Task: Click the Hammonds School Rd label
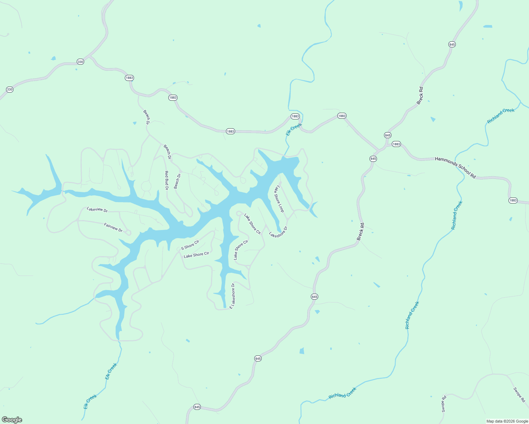(x=455, y=167)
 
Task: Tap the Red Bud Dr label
(x=167, y=180)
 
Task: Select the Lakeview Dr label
(x=97, y=210)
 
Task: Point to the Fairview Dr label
(x=113, y=227)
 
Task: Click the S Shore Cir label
(x=190, y=245)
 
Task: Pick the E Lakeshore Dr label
(x=232, y=296)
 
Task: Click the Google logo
(x=12, y=420)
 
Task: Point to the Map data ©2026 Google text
(x=507, y=421)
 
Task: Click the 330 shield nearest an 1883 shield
(x=80, y=62)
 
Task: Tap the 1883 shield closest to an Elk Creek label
(x=295, y=116)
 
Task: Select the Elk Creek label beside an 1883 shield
(x=294, y=129)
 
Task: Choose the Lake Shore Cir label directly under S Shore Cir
(x=196, y=255)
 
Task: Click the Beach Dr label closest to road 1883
(x=146, y=117)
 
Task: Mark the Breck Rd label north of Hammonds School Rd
(x=420, y=96)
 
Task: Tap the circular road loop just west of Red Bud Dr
(x=146, y=186)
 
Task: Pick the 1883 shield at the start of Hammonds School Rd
(x=396, y=144)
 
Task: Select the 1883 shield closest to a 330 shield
(x=129, y=78)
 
